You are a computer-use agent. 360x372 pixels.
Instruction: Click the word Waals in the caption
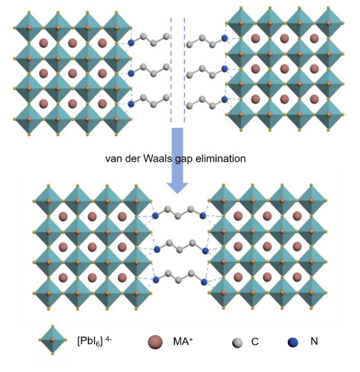coord(157,159)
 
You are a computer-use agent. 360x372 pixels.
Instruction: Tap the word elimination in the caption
coord(221,159)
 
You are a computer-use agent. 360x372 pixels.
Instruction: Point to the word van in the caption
coord(114,159)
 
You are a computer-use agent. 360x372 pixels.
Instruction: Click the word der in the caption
coord(133,159)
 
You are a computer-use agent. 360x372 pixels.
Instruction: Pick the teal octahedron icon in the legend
coord(52,340)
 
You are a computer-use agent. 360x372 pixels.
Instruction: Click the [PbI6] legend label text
coord(90,342)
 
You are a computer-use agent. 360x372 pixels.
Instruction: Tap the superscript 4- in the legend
coord(108,339)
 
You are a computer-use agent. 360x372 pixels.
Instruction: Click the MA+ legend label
coord(183,341)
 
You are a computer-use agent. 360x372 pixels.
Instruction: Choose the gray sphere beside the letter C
coord(237,343)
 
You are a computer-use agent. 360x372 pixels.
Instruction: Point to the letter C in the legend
coord(255,342)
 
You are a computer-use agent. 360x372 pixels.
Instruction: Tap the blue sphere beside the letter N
coord(293,342)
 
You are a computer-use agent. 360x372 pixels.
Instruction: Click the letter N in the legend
coord(314,342)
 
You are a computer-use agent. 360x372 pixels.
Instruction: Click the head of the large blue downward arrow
coord(177,188)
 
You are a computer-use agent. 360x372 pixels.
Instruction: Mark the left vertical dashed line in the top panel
coord(171,70)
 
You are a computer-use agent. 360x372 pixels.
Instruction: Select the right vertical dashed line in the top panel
coord(185,70)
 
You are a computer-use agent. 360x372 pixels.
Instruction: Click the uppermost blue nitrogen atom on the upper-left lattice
coord(131,43)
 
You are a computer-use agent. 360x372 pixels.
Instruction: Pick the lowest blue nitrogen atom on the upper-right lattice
coord(225,99)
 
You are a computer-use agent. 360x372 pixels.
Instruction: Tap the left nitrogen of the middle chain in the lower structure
coord(157,250)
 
